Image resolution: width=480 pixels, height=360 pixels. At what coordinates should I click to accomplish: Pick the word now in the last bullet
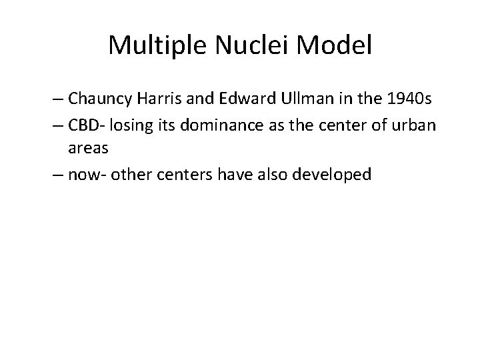tap(81, 175)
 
